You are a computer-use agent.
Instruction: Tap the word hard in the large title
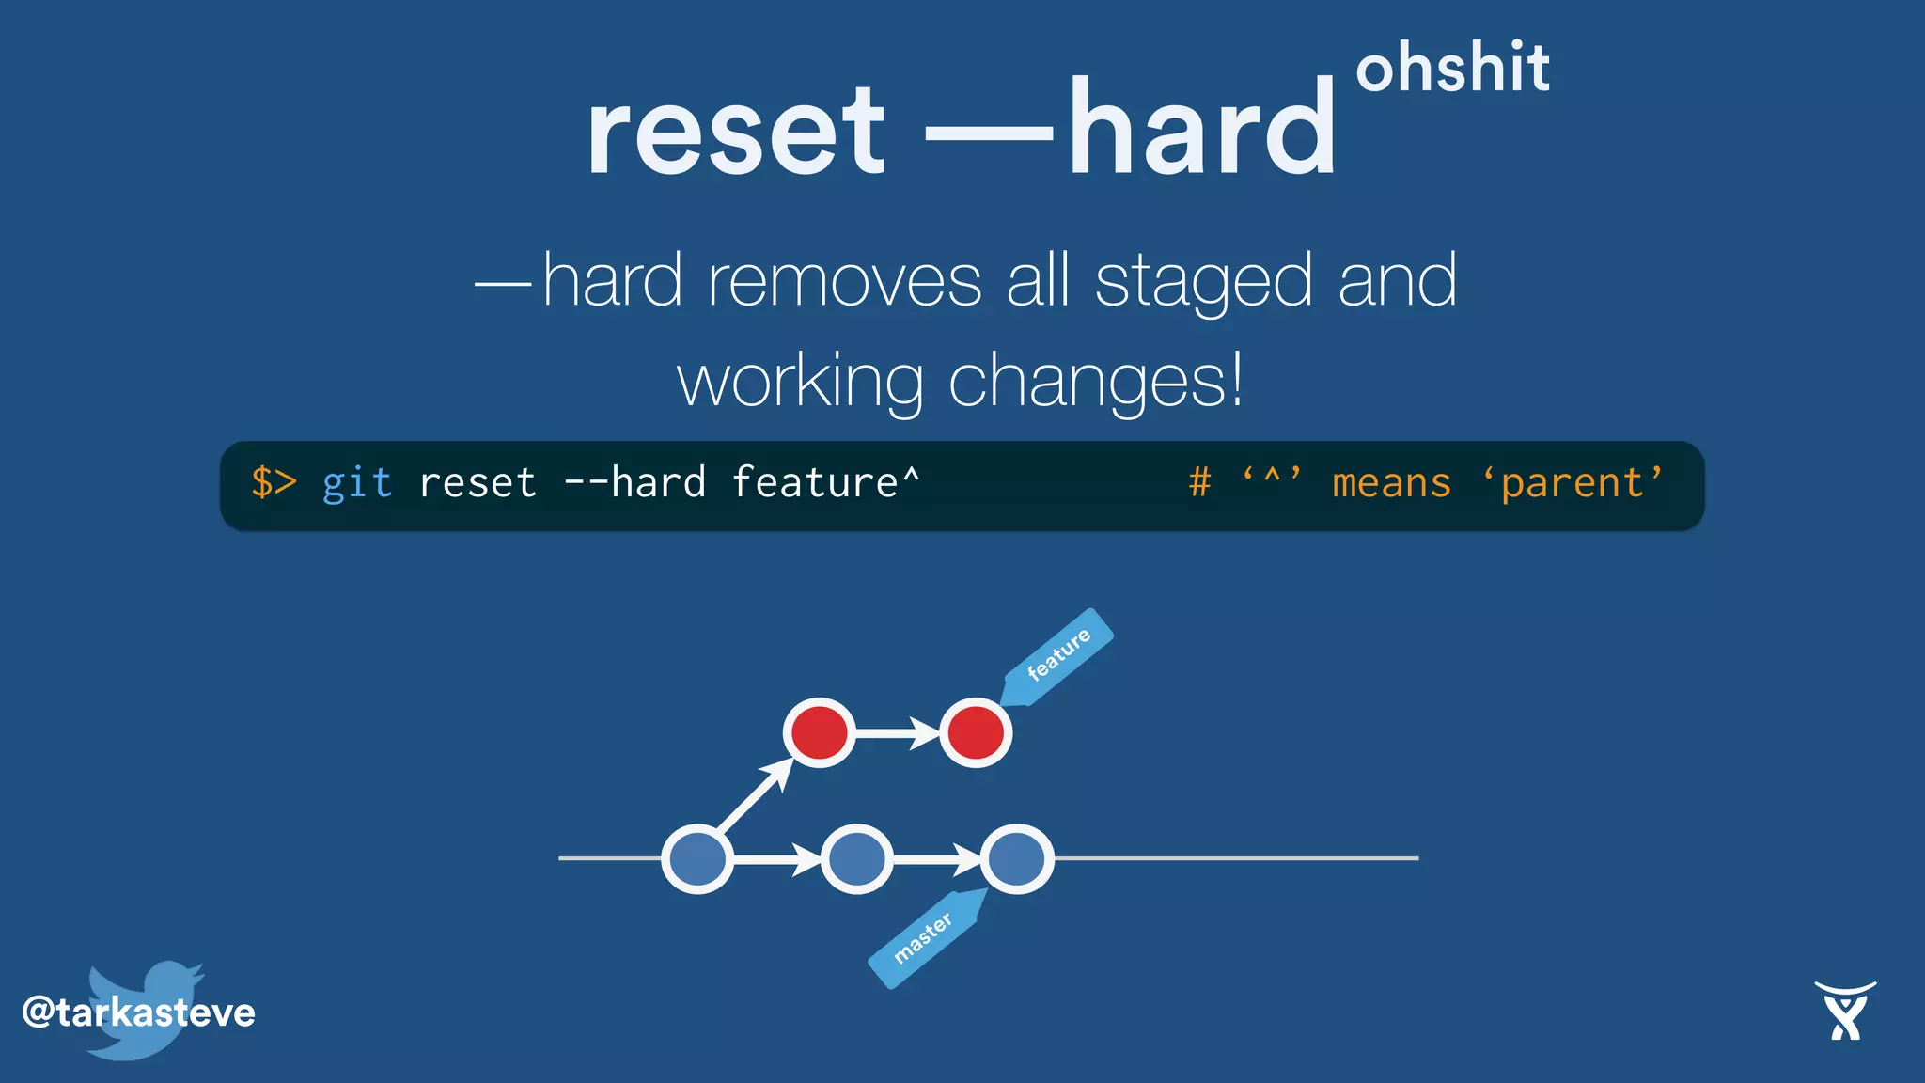click(1201, 130)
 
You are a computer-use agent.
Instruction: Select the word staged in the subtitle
click(1202, 282)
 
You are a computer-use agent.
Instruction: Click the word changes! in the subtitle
click(1096, 382)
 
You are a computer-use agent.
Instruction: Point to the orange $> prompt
click(274, 483)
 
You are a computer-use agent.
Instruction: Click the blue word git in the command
click(356, 483)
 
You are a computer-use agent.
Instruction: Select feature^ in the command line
click(825, 483)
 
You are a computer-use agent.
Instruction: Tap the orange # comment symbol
click(1199, 483)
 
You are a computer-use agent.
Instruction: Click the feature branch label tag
click(1057, 655)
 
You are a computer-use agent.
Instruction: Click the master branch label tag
click(924, 937)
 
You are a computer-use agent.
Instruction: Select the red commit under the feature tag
click(976, 732)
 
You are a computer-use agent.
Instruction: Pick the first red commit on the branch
click(819, 732)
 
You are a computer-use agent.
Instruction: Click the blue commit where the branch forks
click(697, 858)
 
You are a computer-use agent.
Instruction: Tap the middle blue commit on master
click(856, 858)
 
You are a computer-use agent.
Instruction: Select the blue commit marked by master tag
click(1017, 858)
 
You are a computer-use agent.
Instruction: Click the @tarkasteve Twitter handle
click(138, 1012)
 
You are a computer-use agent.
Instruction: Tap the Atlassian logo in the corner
click(1844, 1011)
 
